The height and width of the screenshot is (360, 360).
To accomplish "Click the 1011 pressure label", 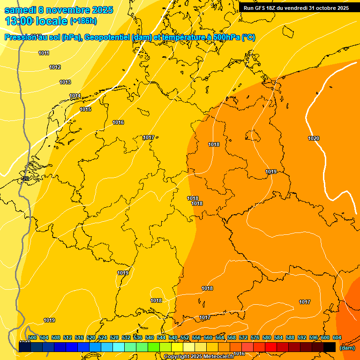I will coord(44,53).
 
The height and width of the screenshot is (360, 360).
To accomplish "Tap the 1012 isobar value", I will coord(55,67).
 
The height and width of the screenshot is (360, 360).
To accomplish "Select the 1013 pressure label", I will coord(65,82).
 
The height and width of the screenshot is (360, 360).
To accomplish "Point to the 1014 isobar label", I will coord(75,96).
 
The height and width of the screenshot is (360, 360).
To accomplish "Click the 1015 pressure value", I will coord(85,109).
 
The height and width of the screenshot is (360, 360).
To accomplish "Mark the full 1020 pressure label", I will coord(314,138).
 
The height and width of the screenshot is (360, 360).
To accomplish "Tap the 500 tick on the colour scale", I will coord(32,337).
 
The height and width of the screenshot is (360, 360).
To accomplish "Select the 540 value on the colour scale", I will coord(150,337).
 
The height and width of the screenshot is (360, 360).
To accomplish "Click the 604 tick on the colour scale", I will coord(337,337).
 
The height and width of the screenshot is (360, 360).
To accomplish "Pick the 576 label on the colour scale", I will coord(255,337).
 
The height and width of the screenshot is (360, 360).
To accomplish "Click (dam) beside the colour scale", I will coord(347,348).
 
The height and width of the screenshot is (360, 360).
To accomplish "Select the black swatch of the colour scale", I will coord(330,347).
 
